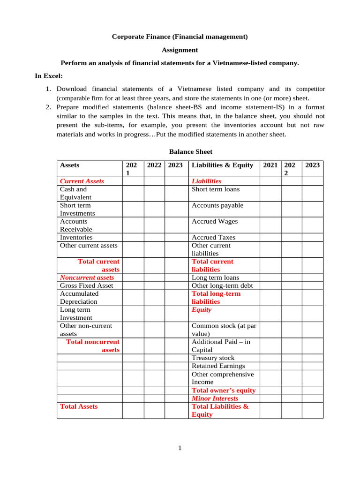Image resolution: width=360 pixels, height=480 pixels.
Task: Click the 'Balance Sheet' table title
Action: pyautogui.click(x=190, y=152)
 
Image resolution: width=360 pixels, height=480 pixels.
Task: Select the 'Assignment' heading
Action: pyautogui.click(x=180, y=50)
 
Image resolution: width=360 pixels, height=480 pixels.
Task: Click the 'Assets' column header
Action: pyautogui.click(x=70, y=165)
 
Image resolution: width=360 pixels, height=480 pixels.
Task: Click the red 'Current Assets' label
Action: pyautogui.click(x=82, y=181)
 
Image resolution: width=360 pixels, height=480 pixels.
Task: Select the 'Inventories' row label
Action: pyautogui.click(x=76, y=238)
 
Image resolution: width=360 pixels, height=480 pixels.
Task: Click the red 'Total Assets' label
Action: pyautogui.click(x=79, y=406)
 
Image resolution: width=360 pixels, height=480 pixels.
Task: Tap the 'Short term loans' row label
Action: pyautogui.click(x=216, y=189)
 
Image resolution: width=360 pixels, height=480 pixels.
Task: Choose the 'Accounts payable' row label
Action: pyautogui.click(x=217, y=205)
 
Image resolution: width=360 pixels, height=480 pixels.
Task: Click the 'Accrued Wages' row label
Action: pyautogui.click(x=215, y=221)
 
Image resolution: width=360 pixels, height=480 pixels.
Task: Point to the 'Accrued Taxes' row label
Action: pyautogui.click(x=214, y=238)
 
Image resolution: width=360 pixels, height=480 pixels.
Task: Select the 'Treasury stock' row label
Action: pyautogui.click(x=213, y=358)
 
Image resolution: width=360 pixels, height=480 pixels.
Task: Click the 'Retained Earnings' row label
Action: pyautogui.click(x=218, y=366)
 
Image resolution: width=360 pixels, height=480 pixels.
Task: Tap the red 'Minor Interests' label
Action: pyautogui.click(x=215, y=398)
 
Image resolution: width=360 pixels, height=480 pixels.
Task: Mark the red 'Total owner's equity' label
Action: pyautogui.click(x=224, y=390)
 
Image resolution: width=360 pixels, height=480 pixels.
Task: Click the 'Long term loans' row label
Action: pyautogui.click(x=215, y=277)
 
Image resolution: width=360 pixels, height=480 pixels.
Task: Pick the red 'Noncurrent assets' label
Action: pyautogui.click(x=87, y=277)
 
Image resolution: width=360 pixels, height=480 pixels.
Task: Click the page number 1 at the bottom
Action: pyautogui.click(x=180, y=448)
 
